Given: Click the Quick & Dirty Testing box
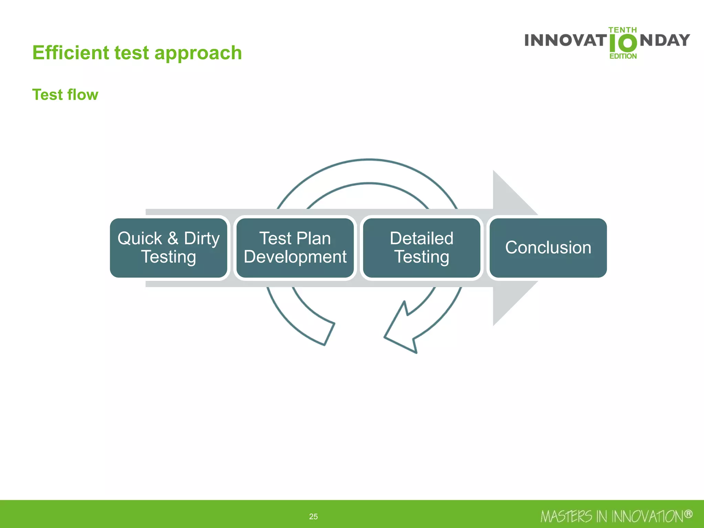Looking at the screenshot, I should point(168,247).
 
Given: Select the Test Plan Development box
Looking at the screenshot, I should point(295,247).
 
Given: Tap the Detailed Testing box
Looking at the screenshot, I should point(421,247).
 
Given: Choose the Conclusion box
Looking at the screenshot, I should point(548,247).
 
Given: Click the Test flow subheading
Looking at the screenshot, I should point(65,95).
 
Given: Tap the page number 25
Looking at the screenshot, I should point(313,516).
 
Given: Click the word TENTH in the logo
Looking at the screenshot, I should point(623,30).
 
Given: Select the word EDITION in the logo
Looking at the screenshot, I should point(623,56).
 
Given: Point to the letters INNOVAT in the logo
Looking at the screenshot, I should point(565,41).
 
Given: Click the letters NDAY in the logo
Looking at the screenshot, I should point(665,41).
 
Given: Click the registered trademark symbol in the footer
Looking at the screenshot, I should point(688,514).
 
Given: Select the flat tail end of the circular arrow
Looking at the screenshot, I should point(329,334).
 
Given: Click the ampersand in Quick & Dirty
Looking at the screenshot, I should point(173,238).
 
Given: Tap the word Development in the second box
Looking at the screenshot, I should point(295,257).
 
